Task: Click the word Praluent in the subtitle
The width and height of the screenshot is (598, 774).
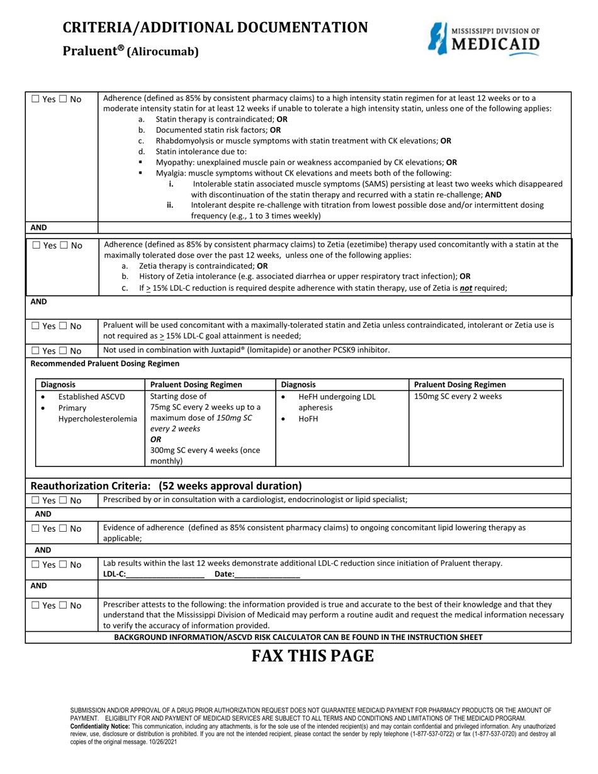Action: tap(89, 52)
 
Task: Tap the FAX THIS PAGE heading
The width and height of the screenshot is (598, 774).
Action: tap(313, 656)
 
